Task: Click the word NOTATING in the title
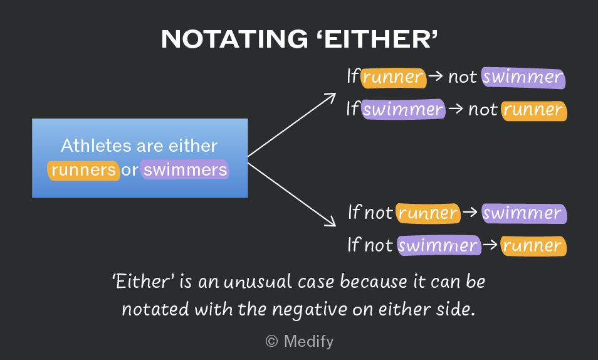coord(234,39)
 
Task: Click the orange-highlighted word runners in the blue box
coord(83,170)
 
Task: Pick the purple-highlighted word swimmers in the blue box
coord(185,169)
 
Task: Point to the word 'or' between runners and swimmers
coord(130,170)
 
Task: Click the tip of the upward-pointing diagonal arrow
coord(335,93)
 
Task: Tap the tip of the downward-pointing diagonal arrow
coord(335,226)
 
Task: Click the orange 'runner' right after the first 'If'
coord(393,78)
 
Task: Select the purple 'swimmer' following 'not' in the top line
coord(523,78)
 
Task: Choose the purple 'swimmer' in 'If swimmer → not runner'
coord(402,109)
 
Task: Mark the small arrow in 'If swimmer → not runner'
coord(455,109)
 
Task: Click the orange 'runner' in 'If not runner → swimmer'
coord(428,213)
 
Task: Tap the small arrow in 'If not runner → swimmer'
coord(470,212)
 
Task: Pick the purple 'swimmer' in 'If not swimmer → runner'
coord(439,245)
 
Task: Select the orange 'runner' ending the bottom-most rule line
coord(533,245)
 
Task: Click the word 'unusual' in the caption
coord(258,282)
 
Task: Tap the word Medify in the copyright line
coord(308,341)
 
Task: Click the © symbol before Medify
coord(271,341)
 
